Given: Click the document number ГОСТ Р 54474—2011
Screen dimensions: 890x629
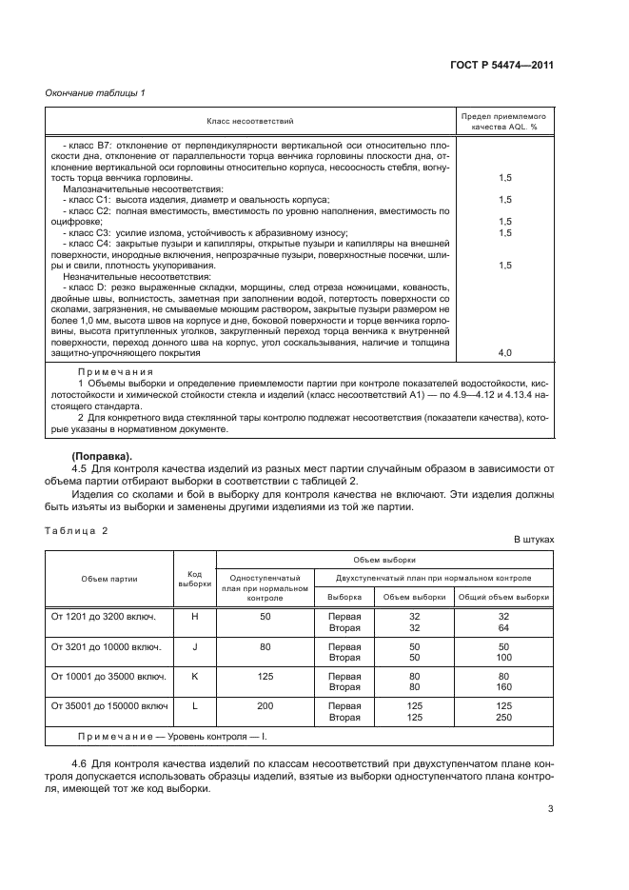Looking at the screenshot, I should pyautogui.click(x=502, y=65).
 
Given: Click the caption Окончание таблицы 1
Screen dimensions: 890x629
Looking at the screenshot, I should pyautogui.click(x=97, y=93).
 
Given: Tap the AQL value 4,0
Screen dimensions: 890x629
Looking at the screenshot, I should pyautogui.click(x=504, y=352).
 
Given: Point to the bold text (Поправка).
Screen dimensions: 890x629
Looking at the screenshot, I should pyautogui.click(x=103, y=455).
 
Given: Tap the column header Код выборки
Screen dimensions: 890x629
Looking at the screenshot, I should pyautogui.click(x=194, y=578).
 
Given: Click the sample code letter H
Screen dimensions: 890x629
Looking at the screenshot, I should pyautogui.click(x=194, y=616).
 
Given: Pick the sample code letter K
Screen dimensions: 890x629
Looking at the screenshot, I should pyautogui.click(x=194, y=676).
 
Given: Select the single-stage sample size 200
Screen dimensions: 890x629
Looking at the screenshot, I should pyautogui.click(x=265, y=705).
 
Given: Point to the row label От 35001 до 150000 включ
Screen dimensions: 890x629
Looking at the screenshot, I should pyautogui.click(x=109, y=705).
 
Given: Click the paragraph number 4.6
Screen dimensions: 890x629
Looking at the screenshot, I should pyautogui.click(x=80, y=763).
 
